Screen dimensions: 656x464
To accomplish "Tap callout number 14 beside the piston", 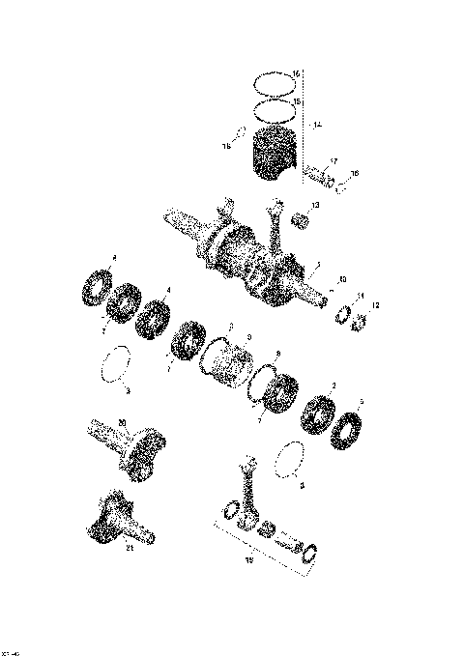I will pos(318,126).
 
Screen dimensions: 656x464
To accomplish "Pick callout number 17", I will pos(333,161).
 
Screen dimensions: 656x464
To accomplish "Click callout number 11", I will pos(362,296).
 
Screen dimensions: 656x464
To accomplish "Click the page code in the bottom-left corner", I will pos(13,648).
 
